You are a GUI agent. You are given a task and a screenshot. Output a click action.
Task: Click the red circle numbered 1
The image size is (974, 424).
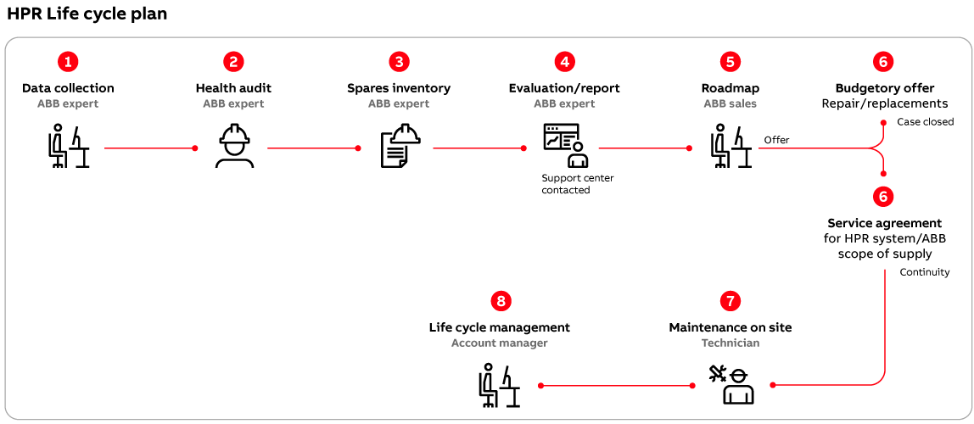click(68, 61)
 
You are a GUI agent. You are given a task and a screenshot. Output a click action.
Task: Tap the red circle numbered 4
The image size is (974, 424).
click(564, 61)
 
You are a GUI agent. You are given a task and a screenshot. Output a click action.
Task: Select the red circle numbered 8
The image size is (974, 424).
click(501, 301)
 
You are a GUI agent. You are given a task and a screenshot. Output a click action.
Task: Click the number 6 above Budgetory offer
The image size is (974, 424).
click(884, 61)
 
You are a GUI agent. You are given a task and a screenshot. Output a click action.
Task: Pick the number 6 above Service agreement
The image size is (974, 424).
click(884, 197)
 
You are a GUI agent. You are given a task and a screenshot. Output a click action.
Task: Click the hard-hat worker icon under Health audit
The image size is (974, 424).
click(233, 147)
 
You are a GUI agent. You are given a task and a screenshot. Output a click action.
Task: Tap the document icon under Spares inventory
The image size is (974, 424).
click(400, 147)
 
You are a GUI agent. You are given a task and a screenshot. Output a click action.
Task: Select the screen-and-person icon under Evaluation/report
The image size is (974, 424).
click(565, 147)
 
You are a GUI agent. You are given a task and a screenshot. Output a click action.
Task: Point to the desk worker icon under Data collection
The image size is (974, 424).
click(68, 147)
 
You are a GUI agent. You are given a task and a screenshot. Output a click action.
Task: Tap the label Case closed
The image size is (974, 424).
click(925, 122)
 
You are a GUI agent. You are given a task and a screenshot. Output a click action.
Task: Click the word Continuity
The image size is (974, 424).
click(924, 272)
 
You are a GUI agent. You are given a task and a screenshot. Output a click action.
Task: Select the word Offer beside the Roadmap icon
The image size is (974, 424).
click(776, 140)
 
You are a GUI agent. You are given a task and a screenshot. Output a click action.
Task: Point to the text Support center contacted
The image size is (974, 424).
click(577, 184)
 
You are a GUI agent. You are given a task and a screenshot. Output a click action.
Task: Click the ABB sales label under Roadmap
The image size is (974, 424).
click(730, 103)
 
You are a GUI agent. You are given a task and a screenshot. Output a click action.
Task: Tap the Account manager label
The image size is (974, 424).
click(499, 343)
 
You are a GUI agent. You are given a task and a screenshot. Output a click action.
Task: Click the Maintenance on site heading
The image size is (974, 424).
click(730, 327)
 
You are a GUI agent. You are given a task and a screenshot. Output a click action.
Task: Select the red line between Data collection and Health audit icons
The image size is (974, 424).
click(149, 148)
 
